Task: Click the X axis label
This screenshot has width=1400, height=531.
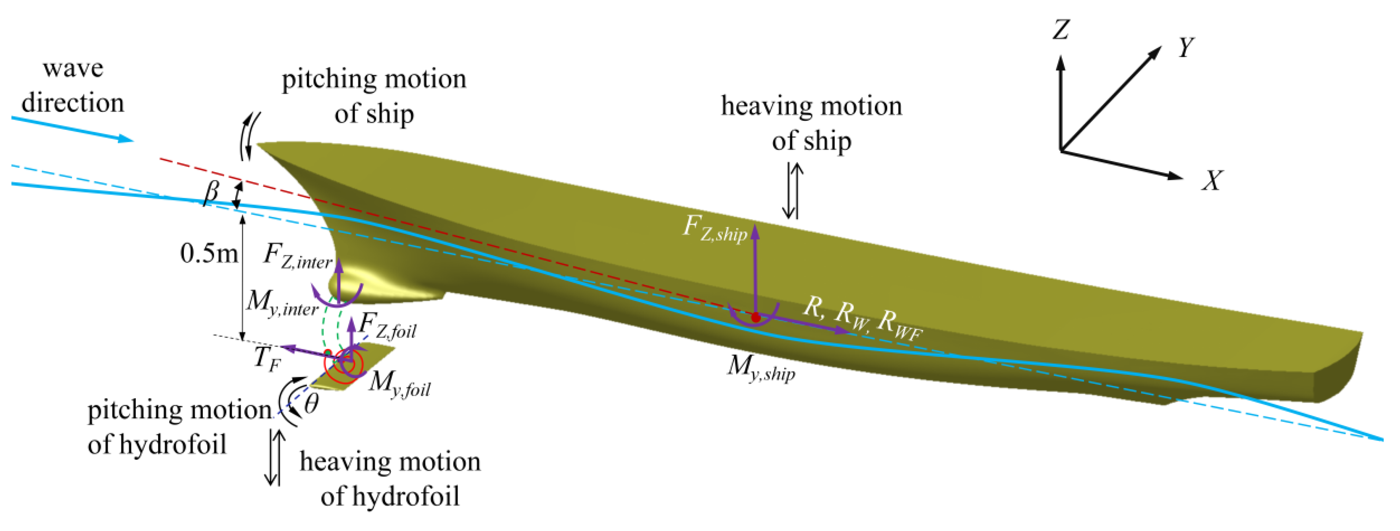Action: pos(1212,180)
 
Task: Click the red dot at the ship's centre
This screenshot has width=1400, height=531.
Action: pos(756,317)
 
